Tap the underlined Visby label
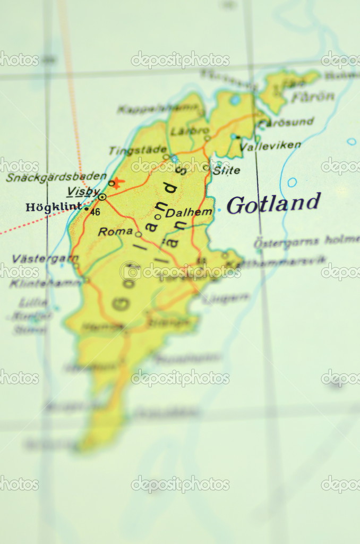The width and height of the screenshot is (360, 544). click(x=83, y=191)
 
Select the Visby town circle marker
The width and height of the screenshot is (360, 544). click(x=102, y=197)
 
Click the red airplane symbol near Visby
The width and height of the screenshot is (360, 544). click(x=117, y=182)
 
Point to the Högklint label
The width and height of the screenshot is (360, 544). click(x=54, y=207)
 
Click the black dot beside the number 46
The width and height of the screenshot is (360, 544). click(x=87, y=209)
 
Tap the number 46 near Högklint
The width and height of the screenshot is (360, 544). click(x=95, y=212)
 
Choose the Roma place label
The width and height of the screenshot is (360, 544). click(x=115, y=232)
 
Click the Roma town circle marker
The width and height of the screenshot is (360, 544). click(x=138, y=234)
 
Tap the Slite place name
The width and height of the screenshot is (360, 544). click(x=226, y=171)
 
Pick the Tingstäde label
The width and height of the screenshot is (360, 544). click(x=138, y=150)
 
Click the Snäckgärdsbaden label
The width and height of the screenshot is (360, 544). click(x=56, y=177)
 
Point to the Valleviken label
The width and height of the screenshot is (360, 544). click(x=270, y=145)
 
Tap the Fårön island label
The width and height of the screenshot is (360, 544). click(x=313, y=97)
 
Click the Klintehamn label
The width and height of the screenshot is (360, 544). click(x=45, y=283)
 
